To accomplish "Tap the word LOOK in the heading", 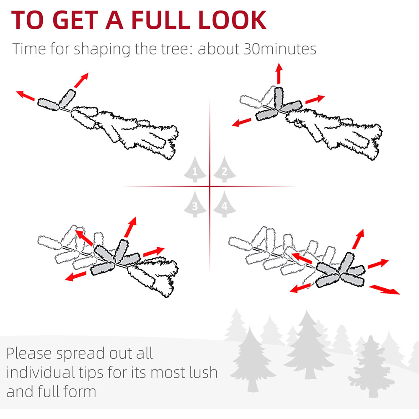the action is (232, 20).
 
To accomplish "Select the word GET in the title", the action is (75, 20).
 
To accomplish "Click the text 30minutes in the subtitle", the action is (280, 49).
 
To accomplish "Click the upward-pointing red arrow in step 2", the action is (279, 73).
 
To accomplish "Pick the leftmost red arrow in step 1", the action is (26, 96).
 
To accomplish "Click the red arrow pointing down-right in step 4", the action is (384, 290).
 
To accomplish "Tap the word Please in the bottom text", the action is (29, 354).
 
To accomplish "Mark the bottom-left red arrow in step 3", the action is (75, 276).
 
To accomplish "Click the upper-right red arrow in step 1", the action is (81, 80).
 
